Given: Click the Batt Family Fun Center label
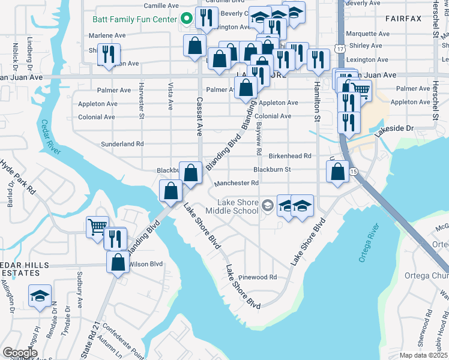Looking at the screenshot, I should (135, 19).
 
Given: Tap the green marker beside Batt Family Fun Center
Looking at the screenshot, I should (187, 19).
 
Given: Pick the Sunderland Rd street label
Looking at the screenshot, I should (122, 144).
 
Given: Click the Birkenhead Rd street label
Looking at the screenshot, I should (289, 155).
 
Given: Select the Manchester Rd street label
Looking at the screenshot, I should (237, 183).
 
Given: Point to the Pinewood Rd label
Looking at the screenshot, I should (257, 277).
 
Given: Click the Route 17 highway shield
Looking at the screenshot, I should (340, 48).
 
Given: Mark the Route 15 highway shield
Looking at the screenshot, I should (354, 172).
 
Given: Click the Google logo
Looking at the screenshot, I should (20, 353).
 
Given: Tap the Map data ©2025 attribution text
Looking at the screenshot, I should (423, 355).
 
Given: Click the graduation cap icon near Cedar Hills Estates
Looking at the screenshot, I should (40, 296).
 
